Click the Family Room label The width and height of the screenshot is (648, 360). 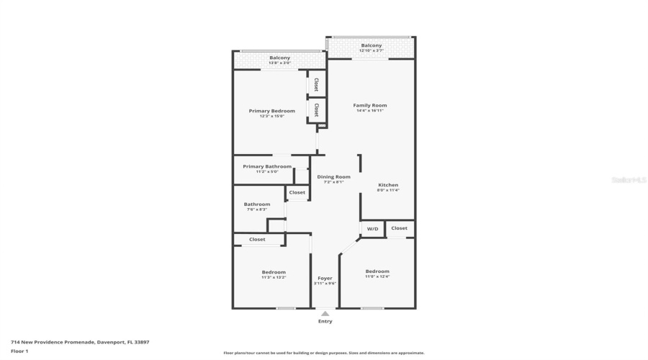click(371, 105)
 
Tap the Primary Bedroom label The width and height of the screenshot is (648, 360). click(272, 111)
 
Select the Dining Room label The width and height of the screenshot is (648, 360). click(333, 176)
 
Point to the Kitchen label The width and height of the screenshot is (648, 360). click(388, 185)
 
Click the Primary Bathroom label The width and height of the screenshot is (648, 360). click(267, 166)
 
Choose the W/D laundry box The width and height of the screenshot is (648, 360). click(372, 229)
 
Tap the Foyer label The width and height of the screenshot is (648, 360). click(325, 278)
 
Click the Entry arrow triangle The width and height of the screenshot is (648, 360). click(325, 313)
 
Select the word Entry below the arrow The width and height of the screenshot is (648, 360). click(325, 321)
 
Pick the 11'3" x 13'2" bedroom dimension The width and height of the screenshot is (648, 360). click(274, 277)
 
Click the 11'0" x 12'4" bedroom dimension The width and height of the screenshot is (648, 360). click(377, 276)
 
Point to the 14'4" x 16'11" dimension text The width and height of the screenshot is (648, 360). click(371, 111)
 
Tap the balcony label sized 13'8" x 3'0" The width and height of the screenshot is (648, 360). click(279, 63)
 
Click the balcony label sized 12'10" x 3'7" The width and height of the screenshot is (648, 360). click(372, 51)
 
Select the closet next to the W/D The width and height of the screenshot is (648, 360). click(400, 228)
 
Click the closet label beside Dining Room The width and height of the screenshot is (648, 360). click(297, 192)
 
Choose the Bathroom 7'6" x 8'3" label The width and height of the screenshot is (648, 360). click(257, 204)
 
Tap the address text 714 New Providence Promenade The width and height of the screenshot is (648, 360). click(80, 342)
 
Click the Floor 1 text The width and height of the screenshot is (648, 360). click(19, 351)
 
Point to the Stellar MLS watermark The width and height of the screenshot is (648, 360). click(629, 180)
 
